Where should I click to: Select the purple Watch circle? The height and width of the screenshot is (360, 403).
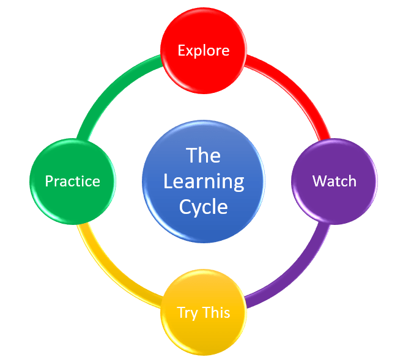coord(334,182)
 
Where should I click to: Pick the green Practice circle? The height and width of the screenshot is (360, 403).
coord(72,182)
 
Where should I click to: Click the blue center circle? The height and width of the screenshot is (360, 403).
coord(203,182)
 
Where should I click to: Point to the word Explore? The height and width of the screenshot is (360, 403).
coord(203,50)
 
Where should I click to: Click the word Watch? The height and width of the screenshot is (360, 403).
coord(334,181)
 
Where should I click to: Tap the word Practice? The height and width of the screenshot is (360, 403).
coord(72,182)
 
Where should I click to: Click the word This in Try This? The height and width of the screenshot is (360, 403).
coord(216,312)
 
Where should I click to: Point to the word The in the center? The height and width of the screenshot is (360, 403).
coord(203,155)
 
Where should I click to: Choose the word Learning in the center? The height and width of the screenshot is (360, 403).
coord(203,182)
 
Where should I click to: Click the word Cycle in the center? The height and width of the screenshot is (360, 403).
coord(203,207)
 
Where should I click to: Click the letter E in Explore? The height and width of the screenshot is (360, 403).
coord(181,50)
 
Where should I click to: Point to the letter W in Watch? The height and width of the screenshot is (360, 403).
coord(319,181)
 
